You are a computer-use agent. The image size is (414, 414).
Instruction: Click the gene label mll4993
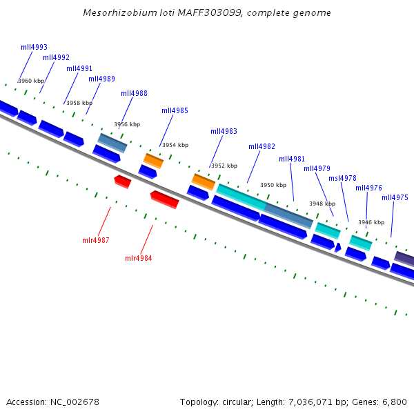coord(34,47)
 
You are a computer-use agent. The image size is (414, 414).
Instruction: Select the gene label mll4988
coord(134,93)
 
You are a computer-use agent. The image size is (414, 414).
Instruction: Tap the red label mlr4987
coord(96,240)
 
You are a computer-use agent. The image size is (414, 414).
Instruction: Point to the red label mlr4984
coord(138,258)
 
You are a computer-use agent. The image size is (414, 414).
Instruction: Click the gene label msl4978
coord(342,178)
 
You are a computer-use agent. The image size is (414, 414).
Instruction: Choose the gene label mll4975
coord(395,197)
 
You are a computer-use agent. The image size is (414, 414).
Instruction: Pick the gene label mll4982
coord(262,146)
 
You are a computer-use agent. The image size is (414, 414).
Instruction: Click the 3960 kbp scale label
coord(31,81)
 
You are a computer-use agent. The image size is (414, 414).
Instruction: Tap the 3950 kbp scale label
coord(273,185)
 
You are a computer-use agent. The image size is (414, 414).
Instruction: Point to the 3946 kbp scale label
coord(371,222)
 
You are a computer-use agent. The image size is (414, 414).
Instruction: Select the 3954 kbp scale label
coord(175,145)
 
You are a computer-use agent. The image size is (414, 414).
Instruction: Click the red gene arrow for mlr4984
coord(165,199)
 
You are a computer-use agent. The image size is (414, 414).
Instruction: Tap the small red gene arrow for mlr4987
coord(123,181)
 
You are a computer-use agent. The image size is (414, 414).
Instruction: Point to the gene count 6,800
coord(395,402)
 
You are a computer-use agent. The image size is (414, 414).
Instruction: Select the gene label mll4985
coord(175,110)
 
